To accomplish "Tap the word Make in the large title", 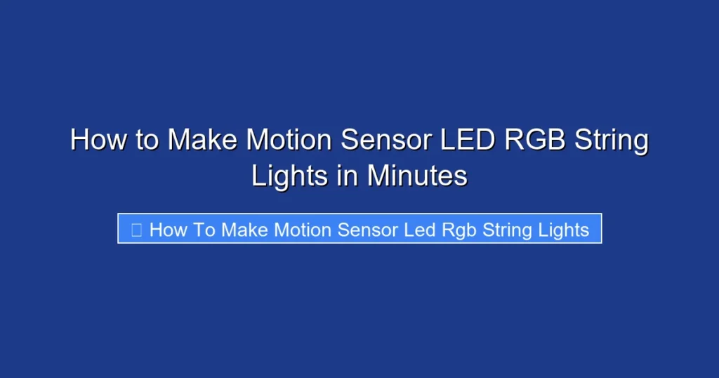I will point(202,141).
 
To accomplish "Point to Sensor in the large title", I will point(386,141).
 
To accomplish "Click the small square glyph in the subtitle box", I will point(137,230).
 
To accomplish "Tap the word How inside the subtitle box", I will point(167,230).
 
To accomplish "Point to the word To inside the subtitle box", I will point(204,230).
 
